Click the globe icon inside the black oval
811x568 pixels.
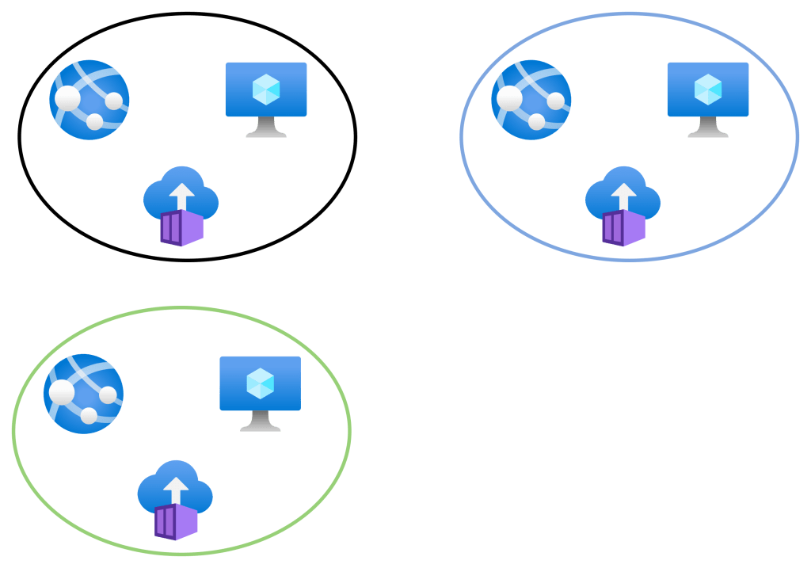pyautogui.click(x=89, y=100)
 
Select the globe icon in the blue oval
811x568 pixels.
pyautogui.click(x=531, y=100)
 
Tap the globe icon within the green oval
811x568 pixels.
pyautogui.click(x=83, y=394)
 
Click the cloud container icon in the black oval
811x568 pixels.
pyautogui.click(x=181, y=205)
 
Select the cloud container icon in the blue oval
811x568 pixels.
pyautogui.click(x=623, y=205)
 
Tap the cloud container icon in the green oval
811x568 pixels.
pyautogui.click(x=175, y=499)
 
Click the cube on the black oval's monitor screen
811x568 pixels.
pyautogui.click(x=266, y=90)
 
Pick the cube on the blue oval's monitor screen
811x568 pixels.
pyautogui.click(x=707, y=90)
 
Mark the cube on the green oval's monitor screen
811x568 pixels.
pyautogui.click(x=260, y=383)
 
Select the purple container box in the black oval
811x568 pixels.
pyautogui.click(x=181, y=228)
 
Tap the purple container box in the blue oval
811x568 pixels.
pyautogui.click(x=623, y=228)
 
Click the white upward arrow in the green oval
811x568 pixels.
pyautogui.click(x=176, y=490)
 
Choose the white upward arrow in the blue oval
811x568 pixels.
pyautogui.click(x=624, y=196)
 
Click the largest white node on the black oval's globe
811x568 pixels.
pyautogui.click(x=69, y=98)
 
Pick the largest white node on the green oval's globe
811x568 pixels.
pyautogui.click(x=63, y=392)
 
